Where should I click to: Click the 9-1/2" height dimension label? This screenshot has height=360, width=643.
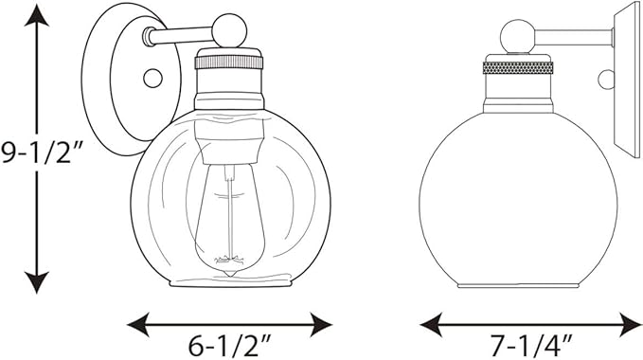click(42, 153)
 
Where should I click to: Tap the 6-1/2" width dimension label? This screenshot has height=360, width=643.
click(230, 346)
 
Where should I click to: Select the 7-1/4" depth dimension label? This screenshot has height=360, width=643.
click(531, 346)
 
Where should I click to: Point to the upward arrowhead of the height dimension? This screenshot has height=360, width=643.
click(37, 15)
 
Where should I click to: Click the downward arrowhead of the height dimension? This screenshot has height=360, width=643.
click(37, 283)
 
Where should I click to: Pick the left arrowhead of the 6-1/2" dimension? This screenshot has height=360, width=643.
click(138, 325)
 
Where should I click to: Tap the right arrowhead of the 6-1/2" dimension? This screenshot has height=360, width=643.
click(321, 325)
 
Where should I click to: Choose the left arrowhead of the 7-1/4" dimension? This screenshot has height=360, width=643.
click(432, 325)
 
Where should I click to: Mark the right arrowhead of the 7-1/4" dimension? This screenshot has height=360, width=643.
click(630, 325)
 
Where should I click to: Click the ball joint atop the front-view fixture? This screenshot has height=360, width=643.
click(229, 30)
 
